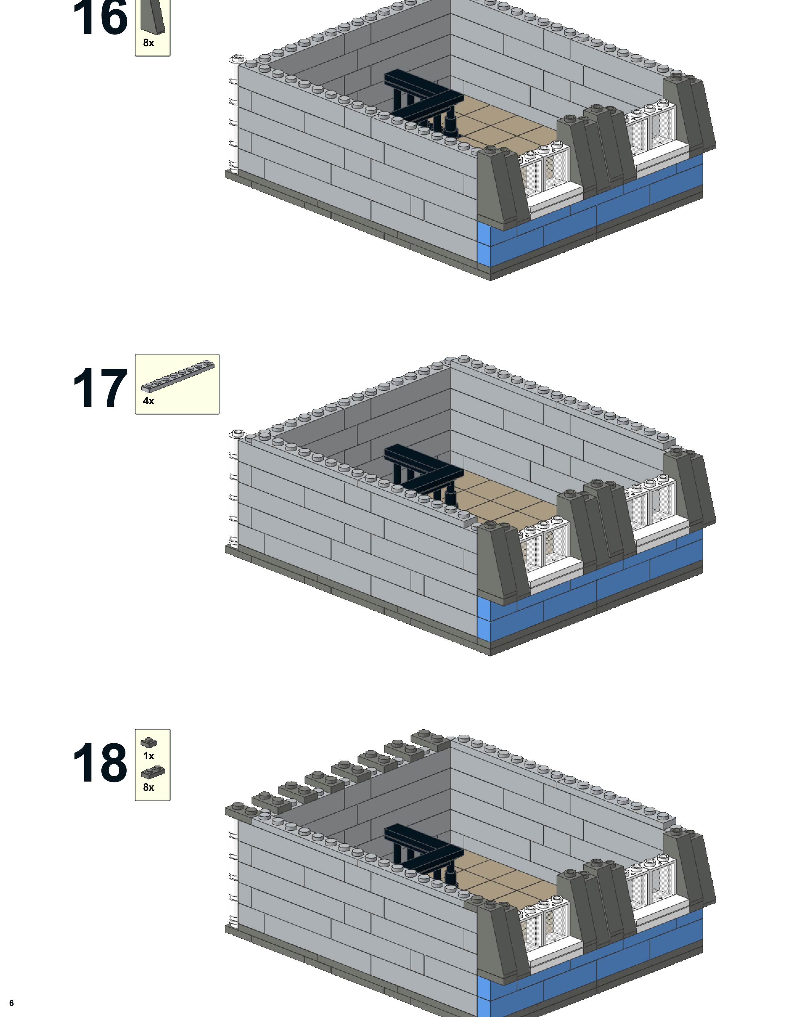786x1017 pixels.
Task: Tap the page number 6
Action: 12,1003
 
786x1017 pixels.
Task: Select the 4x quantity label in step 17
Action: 149,401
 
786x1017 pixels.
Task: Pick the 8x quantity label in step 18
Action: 149,787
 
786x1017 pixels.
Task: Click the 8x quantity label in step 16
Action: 149,43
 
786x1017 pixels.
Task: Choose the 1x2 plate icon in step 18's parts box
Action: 153,773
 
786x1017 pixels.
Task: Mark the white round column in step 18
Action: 233,871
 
